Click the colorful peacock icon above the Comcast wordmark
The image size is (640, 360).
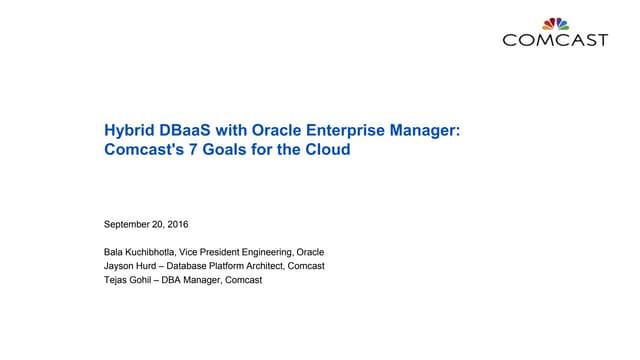point(555,24)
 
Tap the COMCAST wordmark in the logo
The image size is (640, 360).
point(555,40)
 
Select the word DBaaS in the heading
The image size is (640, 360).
point(185,130)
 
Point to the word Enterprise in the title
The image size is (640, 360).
point(345,130)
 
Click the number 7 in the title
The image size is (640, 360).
point(193,149)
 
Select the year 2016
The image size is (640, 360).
point(178,224)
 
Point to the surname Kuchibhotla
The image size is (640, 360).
point(151,252)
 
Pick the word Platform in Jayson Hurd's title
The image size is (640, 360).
point(231,266)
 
